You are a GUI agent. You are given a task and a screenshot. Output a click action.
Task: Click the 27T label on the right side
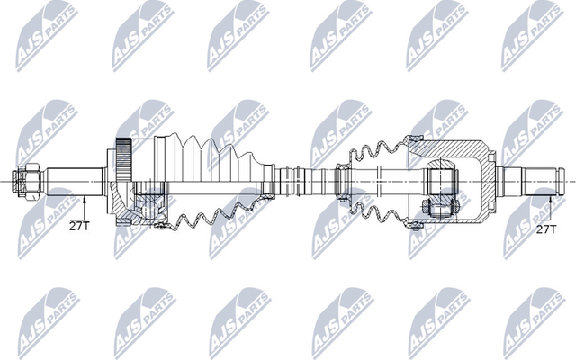(x=544, y=229)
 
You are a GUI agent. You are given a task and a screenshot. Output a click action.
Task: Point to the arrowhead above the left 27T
(x=83, y=195)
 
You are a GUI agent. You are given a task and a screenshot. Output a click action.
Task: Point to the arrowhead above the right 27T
(x=547, y=193)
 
